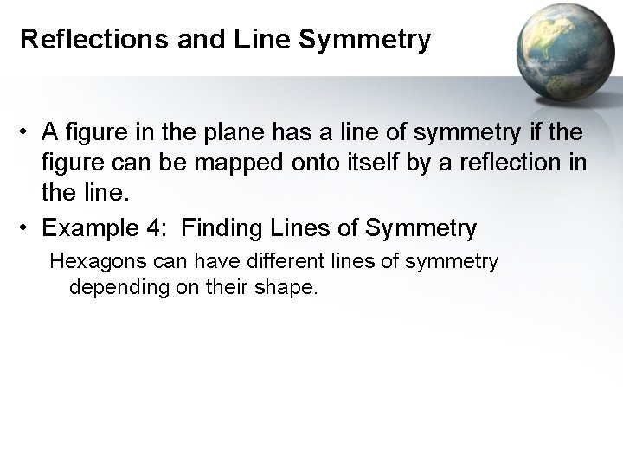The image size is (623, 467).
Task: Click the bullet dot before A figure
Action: pos(27,134)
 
